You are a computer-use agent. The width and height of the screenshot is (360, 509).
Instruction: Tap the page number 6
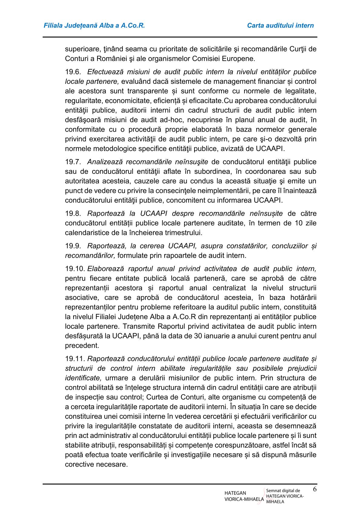[x=315, y=489]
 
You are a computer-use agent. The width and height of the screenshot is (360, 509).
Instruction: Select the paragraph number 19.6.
[x=73, y=72]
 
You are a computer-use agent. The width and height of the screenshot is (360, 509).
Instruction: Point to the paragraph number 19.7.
[x=73, y=162]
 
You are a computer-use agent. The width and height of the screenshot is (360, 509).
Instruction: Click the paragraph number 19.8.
[x=73, y=214]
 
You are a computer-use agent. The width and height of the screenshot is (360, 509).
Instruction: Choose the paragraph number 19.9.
[x=73, y=246]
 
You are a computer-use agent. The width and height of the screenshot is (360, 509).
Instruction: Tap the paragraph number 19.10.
[x=75, y=269]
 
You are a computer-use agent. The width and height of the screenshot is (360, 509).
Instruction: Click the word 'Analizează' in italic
[x=103, y=162]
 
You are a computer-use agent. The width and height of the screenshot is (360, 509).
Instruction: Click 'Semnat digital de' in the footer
[x=283, y=491]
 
